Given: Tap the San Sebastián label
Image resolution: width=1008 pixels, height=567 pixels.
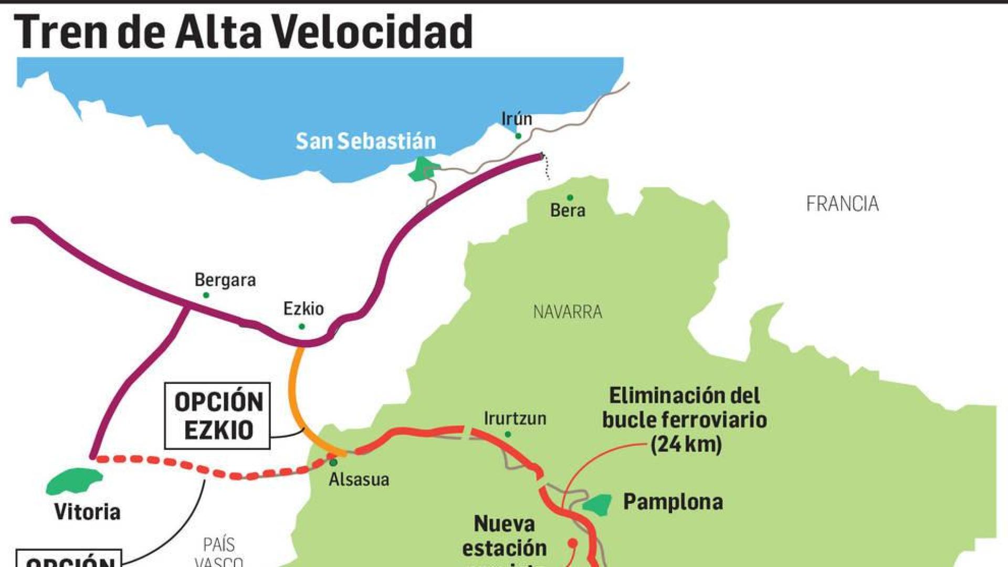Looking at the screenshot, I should click(x=365, y=141).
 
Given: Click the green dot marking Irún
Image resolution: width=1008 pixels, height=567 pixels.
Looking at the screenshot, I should click(x=518, y=136).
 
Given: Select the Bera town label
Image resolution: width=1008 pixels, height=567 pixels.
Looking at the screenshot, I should click(x=568, y=211).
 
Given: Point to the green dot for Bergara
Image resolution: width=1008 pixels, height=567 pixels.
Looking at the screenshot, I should click(x=206, y=295).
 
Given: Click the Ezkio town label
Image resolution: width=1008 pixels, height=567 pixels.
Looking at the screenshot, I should click(x=303, y=308).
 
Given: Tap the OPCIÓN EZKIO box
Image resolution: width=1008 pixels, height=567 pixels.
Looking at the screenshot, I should click(x=217, y=416).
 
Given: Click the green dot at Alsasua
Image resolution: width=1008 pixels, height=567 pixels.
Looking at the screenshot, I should click(x=333, y=463).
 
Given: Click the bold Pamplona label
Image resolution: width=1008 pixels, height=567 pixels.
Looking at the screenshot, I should click(x=673, y=502).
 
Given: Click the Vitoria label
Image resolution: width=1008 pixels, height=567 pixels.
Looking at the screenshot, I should click(x=87, y=512).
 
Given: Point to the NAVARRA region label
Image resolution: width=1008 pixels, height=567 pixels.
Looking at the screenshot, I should click(x=568, y=312).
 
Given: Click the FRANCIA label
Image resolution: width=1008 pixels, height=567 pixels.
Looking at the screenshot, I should click(x=842, y=204).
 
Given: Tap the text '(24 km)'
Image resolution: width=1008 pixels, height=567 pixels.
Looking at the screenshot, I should click(x=686, y=445).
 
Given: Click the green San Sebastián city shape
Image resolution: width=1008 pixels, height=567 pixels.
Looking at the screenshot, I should click(x=423, y=170).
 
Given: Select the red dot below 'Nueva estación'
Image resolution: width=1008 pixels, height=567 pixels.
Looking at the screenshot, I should click(x=573, y=542).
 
